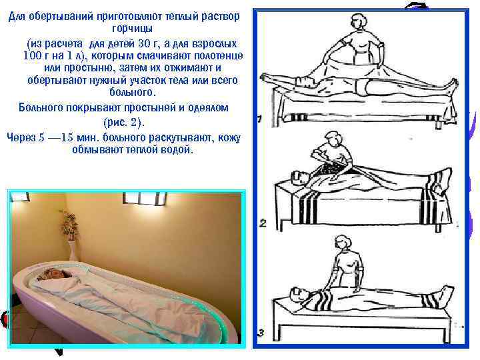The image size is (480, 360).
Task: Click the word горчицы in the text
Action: point(132,29)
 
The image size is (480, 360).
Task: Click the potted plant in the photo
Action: point(68,227)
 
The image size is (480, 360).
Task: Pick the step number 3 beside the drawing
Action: point(261,332)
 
